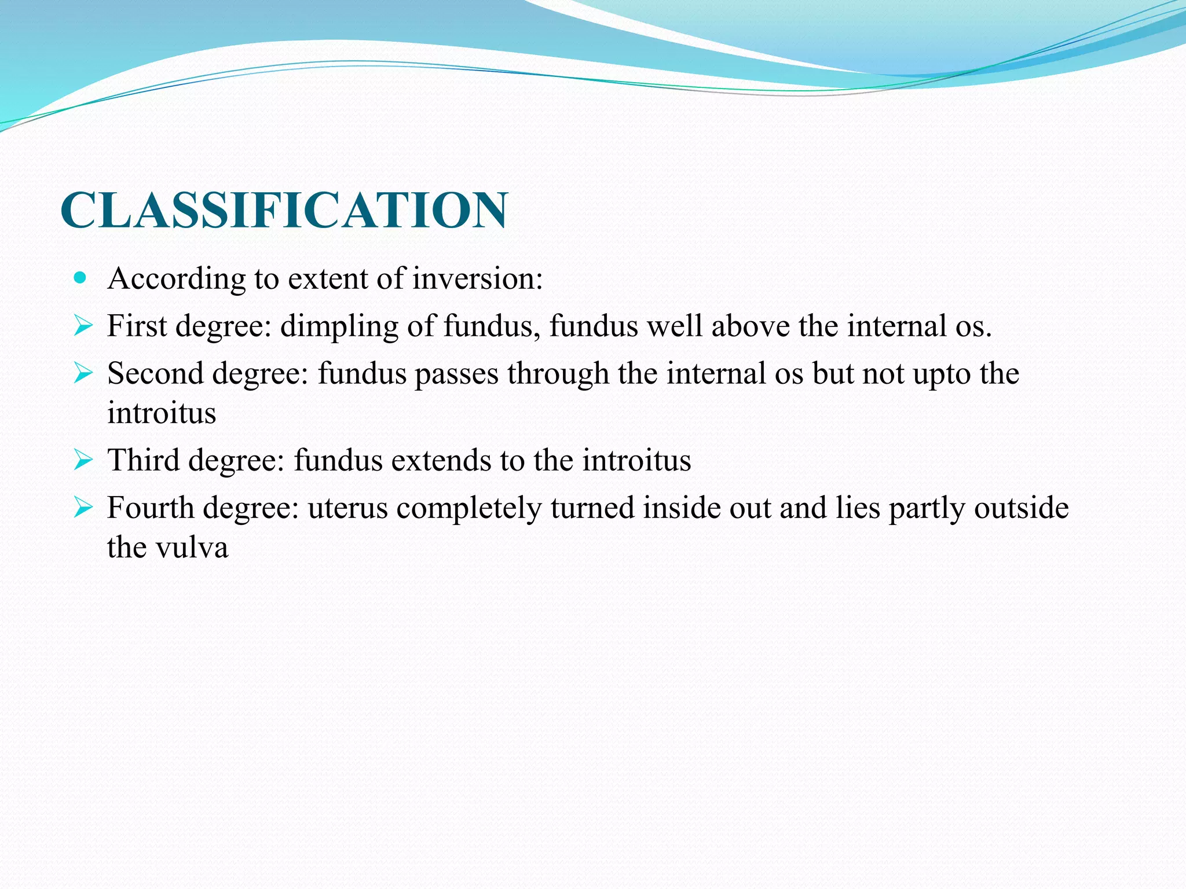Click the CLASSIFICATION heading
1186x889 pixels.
284,210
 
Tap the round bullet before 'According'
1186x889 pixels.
80,278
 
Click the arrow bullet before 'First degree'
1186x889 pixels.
83,326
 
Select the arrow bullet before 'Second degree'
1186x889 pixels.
83,373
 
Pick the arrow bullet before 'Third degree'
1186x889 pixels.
83,461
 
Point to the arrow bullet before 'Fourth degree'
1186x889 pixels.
83,508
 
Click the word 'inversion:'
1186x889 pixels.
478,278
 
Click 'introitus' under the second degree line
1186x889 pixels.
162,413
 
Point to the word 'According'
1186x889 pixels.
177,280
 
